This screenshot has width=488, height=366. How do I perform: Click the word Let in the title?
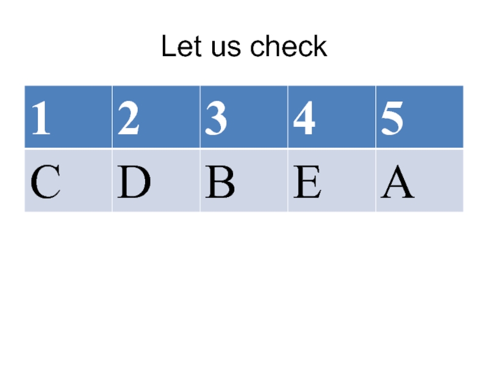tap(179, 47)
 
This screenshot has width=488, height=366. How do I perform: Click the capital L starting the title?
tap(167, 47)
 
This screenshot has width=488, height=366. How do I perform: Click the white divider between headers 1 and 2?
tap(112, 117)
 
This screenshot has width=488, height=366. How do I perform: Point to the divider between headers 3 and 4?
tap(287, 117)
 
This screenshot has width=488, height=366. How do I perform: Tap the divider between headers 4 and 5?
tap(375, 117)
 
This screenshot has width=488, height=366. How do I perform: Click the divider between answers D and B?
tap(199, 180)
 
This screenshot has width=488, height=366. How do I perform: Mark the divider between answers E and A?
tap(375, 180)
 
